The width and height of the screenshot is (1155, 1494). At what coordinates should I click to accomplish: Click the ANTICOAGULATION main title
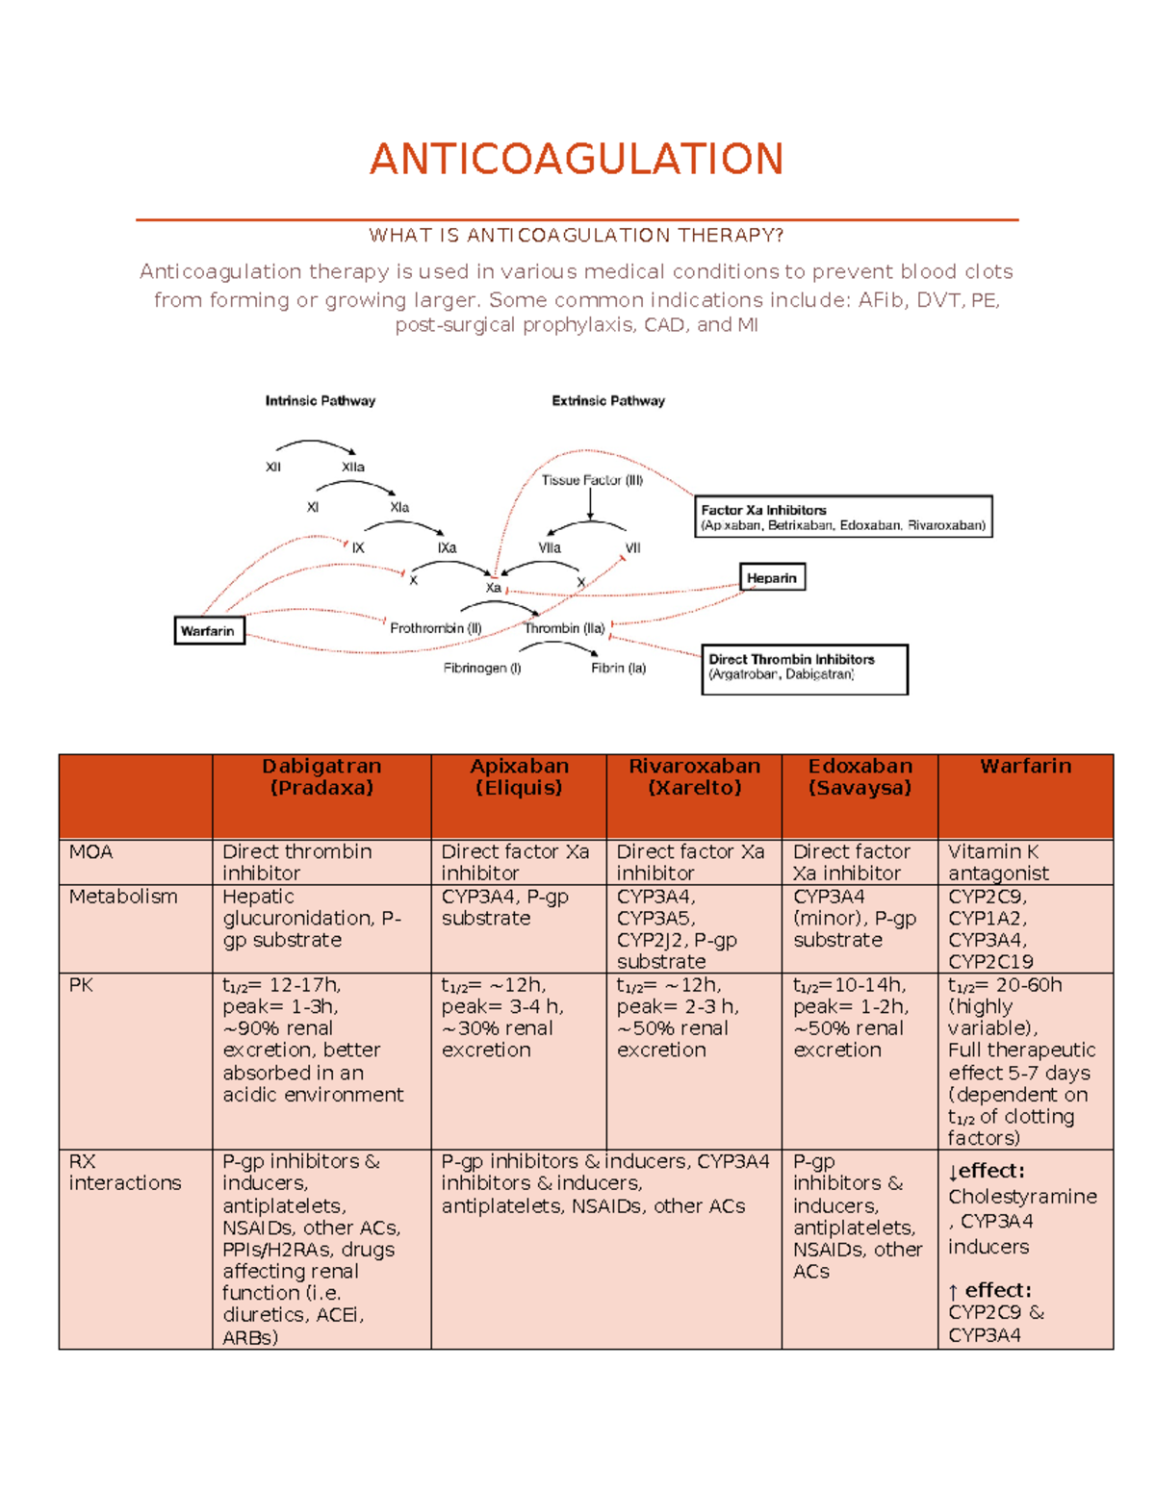pos(577,159)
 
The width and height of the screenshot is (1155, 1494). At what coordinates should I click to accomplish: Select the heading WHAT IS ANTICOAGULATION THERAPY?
pos(577,236)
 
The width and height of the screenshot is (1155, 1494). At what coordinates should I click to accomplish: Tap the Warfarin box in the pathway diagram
pos(209,631)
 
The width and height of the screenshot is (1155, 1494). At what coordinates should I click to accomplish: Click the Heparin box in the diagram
pos(772,578)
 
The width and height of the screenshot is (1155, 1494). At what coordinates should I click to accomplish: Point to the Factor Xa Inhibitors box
pos(843,517)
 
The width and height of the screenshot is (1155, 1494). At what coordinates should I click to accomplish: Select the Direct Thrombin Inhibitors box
pos(804,668)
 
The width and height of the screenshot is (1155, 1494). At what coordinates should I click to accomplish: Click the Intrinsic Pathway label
pos(321,401)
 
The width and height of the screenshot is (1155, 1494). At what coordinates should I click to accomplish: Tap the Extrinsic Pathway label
pos(608,401)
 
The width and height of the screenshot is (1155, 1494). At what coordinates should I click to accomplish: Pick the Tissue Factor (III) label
pos(592,480)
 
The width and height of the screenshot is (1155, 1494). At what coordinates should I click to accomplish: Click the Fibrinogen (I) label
pos(482,668)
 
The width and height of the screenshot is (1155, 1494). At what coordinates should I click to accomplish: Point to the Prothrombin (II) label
pos(435,628)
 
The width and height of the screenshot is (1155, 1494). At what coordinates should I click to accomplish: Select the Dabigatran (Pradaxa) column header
pos(321,777)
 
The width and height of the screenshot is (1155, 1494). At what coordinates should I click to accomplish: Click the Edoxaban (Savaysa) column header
pos(860,777)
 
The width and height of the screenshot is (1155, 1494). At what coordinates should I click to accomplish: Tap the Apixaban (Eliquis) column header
pos(519,777)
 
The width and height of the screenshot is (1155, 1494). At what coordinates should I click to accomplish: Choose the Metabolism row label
pos(123,897)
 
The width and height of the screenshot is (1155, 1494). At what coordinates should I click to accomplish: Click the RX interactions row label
pos(125,1173)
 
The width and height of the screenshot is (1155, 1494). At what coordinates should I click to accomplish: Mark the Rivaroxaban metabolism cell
pos(677,929)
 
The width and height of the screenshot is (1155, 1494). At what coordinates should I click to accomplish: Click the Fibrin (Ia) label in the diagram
pos(619,668)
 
